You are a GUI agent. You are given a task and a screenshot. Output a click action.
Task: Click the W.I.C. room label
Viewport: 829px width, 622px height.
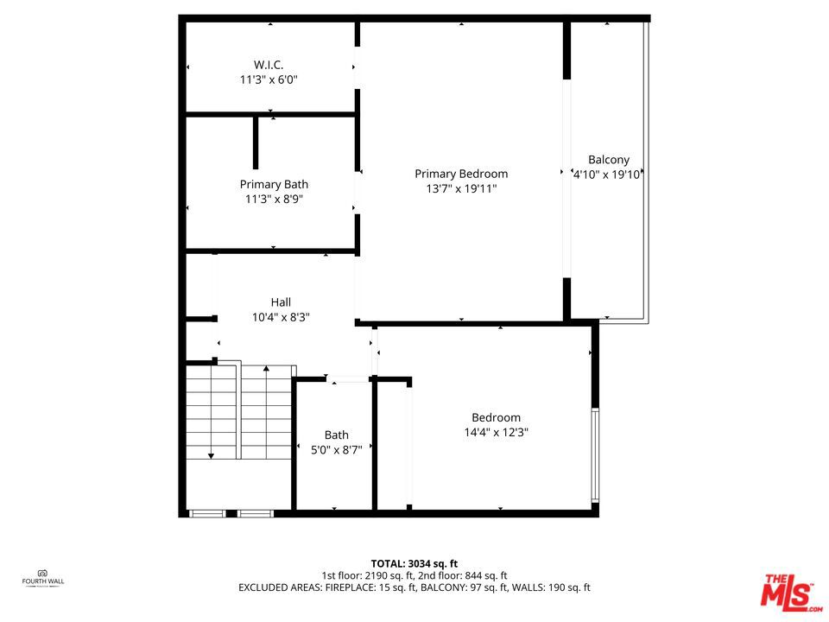(x=269, y=65)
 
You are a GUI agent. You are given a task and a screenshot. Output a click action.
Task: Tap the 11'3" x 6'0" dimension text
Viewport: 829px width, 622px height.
(x=269, y=79)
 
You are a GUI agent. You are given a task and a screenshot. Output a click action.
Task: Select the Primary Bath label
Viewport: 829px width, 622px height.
(x=274, y=185)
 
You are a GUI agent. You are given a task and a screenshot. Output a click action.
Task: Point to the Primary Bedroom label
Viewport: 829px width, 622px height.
(x=461, y=174)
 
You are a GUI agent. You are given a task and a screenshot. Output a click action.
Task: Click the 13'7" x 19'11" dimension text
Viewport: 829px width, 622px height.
(x=461, y=189)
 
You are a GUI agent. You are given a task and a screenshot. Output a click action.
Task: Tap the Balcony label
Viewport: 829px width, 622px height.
(x=609, y=160)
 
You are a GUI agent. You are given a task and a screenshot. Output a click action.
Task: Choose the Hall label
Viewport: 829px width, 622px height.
(x=281, y=302)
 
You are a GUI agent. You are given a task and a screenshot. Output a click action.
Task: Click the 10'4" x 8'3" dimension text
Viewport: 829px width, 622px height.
(x=281, y=317)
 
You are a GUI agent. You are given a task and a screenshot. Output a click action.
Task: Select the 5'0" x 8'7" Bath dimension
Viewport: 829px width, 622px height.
(x=336, y=450)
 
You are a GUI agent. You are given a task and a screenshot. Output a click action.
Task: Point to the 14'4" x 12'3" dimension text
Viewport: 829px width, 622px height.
(x=496, y=432)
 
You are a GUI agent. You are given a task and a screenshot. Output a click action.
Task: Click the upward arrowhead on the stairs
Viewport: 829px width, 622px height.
(x=267, y=368)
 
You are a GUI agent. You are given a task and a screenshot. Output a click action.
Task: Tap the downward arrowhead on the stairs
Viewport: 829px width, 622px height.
(x=211, y=455)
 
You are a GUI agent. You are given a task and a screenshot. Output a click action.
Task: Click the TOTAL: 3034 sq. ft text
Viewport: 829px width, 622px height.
(x=414, y=564)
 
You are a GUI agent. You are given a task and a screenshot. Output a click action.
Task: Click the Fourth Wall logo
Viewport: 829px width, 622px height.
(x=43, y=578)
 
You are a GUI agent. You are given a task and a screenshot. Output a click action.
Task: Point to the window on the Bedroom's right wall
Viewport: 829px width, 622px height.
(x=595, y=455)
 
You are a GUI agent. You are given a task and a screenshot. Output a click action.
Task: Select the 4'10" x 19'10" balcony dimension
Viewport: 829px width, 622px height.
(x=607, y=175)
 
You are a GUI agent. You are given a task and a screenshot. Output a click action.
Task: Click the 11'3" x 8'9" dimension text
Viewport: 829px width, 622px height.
(x=274, y=200)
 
